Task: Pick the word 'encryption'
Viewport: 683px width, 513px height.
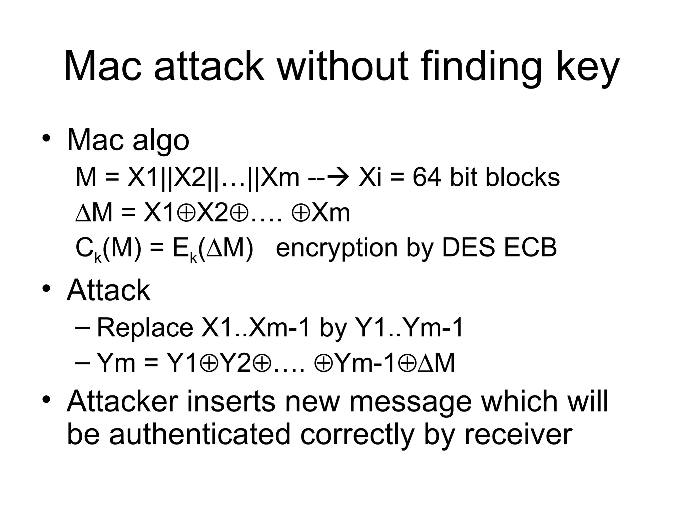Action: pyautogui.click(x=337, y=249)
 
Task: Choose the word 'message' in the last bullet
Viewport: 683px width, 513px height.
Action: pyautogui.click(x=410, y=402)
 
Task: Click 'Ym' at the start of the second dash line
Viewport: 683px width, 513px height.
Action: pyautogui.click(x=116, y=363)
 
